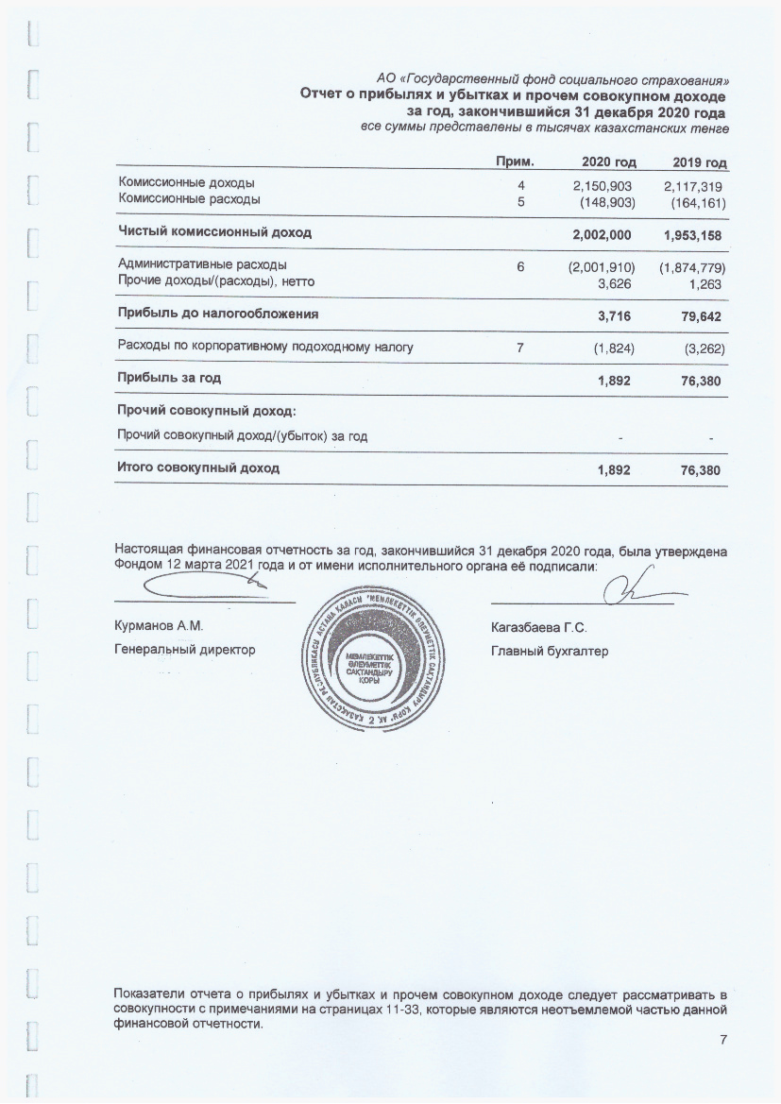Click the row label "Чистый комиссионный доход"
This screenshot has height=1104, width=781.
214,231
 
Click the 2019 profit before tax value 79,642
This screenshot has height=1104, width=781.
702,314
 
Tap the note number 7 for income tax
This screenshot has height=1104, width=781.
520,348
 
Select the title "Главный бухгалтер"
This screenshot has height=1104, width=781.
550,651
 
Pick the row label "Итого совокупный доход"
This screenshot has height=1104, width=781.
198,467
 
